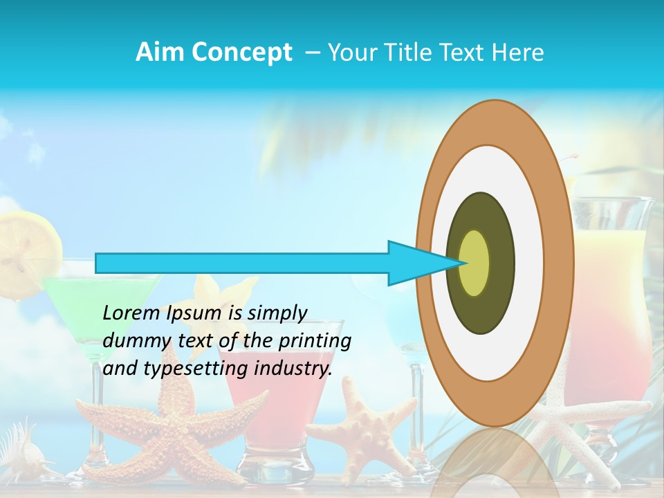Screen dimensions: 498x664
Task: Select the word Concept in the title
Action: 243,53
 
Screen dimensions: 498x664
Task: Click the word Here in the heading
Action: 517,53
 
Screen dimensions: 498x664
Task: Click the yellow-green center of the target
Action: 474,263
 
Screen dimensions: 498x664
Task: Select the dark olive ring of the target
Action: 501,263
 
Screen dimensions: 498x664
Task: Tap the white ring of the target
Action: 529,263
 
